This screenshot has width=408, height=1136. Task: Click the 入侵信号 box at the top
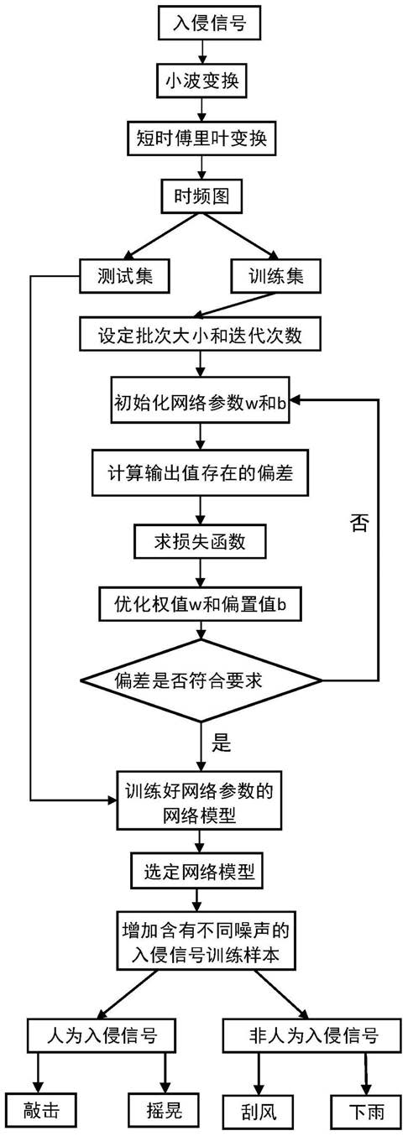tap(210, 23)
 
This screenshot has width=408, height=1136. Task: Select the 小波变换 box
tap(201, 81)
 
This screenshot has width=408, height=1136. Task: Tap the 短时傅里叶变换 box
tap(201, 138)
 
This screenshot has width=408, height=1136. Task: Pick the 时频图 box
tap(201, 195)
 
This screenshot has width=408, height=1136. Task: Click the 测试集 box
tap(124, 276)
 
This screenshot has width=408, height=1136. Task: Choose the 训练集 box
tap(276, 276)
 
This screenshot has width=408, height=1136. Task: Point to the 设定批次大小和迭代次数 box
tap(200, 334)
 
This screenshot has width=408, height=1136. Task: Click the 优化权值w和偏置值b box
tap(200, 604)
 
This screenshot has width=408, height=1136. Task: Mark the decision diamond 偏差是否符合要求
tap(201, 680)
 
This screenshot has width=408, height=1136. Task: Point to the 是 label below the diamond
tap(222, 743)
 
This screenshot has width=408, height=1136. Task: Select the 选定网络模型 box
tap(199, 871)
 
